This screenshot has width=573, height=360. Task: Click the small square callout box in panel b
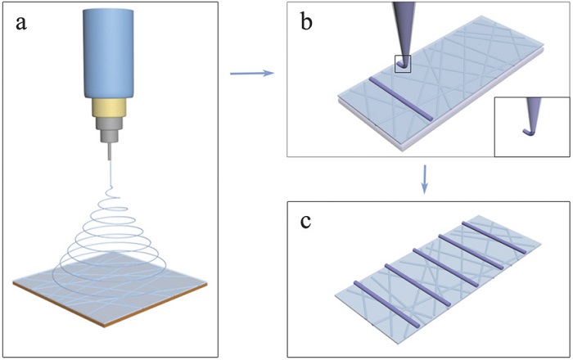[402, 63]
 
